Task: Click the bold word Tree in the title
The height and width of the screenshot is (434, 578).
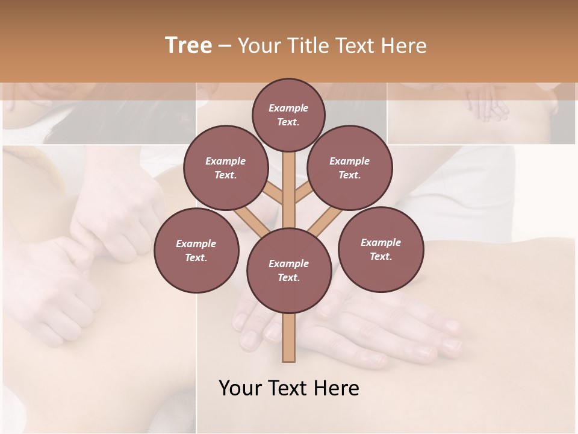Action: (x=188, y=45)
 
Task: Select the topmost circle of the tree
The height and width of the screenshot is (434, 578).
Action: (x=288, y=115)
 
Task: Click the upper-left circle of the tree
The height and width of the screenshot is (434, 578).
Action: (x=225, y=168)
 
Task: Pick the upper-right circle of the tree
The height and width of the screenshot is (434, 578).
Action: (x=349, y=168)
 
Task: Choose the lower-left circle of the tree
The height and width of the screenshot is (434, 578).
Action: (x=196, y=250)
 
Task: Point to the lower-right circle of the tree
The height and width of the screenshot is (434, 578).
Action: (x=381, y=249)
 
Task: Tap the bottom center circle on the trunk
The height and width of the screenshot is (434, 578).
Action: (x=288, y=270)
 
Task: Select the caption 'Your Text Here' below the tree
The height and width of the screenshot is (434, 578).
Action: (x=289, y=388)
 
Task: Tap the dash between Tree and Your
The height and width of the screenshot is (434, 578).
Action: (x=225, y=46)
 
